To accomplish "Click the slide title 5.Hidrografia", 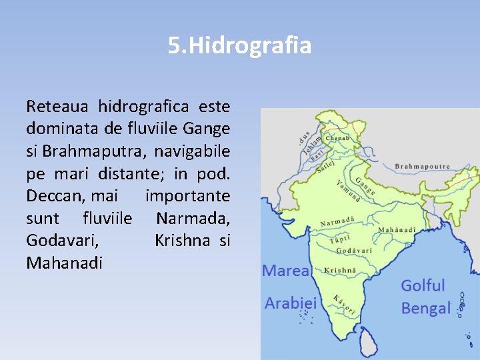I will (239, 46).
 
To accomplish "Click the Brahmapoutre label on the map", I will (422, 166).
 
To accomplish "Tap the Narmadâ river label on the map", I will (337, 221).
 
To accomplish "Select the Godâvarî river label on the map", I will (354, 251).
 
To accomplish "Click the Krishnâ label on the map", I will (340, 271).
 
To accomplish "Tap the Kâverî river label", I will (345, 305).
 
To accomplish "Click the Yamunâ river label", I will (349, 190).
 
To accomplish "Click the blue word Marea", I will (285, 271).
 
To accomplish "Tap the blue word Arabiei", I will (291, 303).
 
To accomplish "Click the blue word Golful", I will (423, 285).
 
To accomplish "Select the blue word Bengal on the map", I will (426, 309).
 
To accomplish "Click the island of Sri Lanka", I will (367, 344).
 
